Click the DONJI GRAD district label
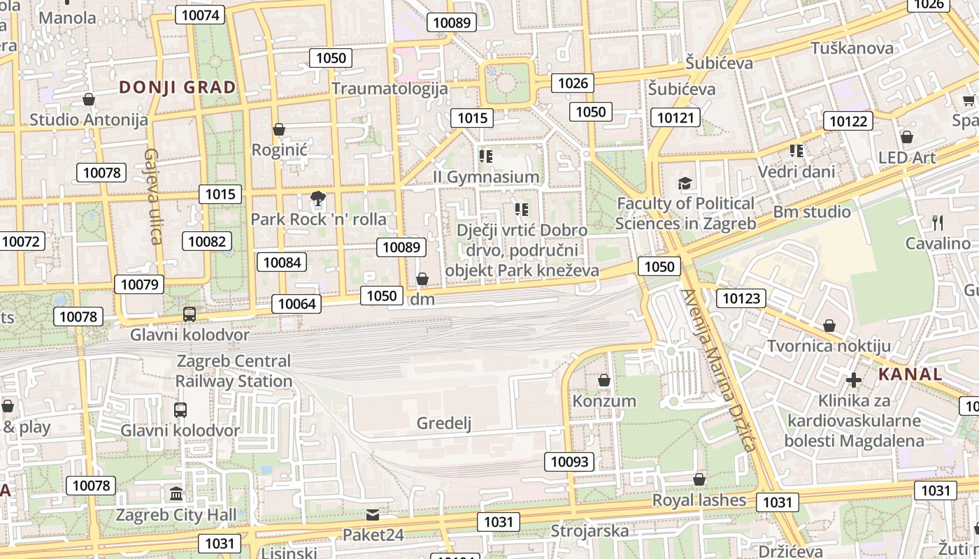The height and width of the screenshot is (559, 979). [177, 87]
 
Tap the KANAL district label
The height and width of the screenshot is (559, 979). [910, 374]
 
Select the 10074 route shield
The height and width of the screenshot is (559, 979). [199, 15]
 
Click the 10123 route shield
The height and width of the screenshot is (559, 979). [741, 299]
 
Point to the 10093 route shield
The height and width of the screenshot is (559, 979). [570, 461]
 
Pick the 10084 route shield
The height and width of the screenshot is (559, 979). [282, 262]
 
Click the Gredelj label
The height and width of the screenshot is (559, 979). [444, 423]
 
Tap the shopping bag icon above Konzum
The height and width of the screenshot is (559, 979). [604, 381]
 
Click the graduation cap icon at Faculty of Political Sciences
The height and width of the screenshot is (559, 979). [685, 184]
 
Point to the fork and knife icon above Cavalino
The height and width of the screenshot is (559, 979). [938, 223]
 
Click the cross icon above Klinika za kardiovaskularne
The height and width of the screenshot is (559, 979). [853, 380]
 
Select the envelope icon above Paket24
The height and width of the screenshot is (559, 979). [373, 515]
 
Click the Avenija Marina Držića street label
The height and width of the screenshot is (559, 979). [720, 370]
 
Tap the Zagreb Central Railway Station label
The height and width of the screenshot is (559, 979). [234, 371]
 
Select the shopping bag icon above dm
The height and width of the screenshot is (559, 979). [422, 279]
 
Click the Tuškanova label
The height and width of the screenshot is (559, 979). [851, 48]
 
